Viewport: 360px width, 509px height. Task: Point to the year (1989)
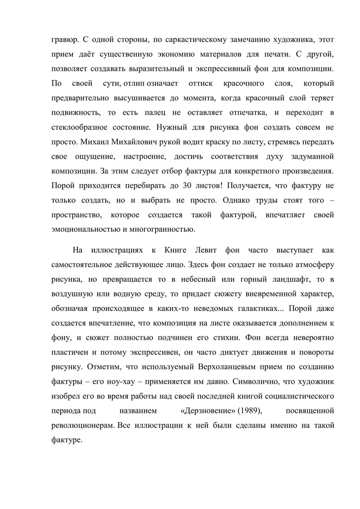click(x=252, y=410)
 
